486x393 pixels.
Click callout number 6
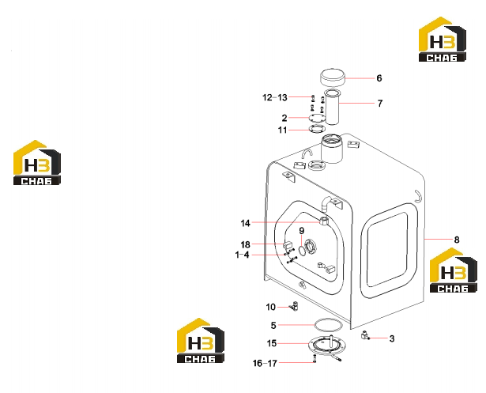379,78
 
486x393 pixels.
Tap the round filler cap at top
333,77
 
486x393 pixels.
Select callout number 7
380,104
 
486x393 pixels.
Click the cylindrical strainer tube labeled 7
332,107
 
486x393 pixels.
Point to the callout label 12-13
275,97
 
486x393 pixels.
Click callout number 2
284,118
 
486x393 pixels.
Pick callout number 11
282,130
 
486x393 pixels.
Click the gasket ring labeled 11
318,129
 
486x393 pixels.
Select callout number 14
245,223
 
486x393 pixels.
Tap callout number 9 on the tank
302,231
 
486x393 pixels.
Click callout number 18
245,244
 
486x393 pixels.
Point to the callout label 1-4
242,255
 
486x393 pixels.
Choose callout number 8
457,240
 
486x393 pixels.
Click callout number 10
270,307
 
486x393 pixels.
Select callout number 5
273,325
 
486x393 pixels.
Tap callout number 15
272,343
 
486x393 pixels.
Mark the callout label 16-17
265,363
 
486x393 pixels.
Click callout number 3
392,338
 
